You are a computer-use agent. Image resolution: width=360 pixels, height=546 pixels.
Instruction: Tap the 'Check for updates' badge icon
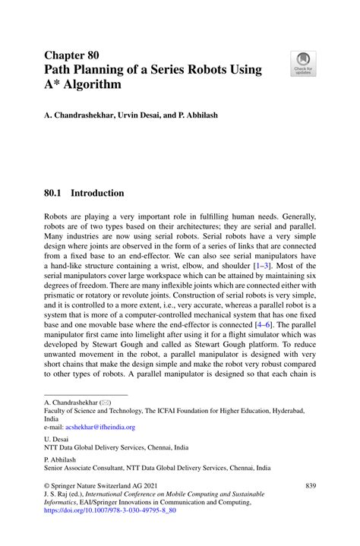tap(303, 63)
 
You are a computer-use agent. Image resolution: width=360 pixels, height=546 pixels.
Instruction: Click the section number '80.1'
tap(55, 194)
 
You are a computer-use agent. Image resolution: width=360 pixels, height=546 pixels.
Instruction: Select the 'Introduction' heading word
tap(99, 194)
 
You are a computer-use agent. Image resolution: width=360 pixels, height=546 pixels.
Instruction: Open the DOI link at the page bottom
tap(110, 511)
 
